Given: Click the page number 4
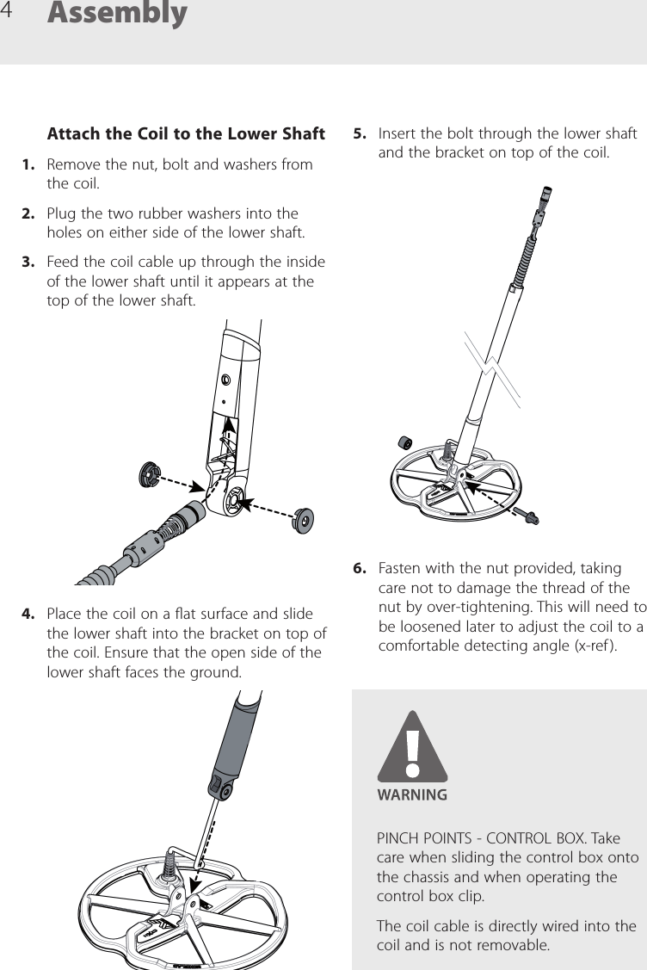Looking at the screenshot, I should (9, 11).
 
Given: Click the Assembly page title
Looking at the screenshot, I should (117, 14).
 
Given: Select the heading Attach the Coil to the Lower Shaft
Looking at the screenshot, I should (186, 133).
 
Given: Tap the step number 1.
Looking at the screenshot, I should (29, 164).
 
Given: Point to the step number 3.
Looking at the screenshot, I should (29, 261).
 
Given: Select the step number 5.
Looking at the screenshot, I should (360, 134).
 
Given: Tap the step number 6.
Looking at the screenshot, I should (360, 569).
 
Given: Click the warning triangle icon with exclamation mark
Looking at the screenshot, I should (413, 747).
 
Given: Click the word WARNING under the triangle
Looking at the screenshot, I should (413, 795).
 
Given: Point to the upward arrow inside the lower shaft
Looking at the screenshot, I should (229, 435).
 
